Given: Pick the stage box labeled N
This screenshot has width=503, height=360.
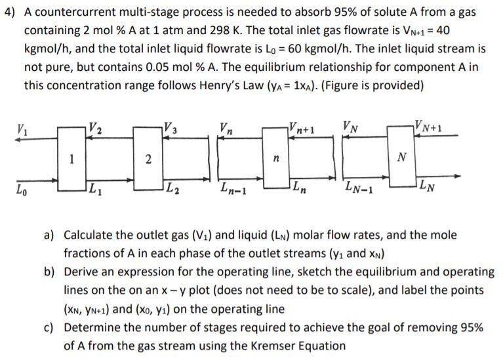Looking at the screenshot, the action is [402, 157].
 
